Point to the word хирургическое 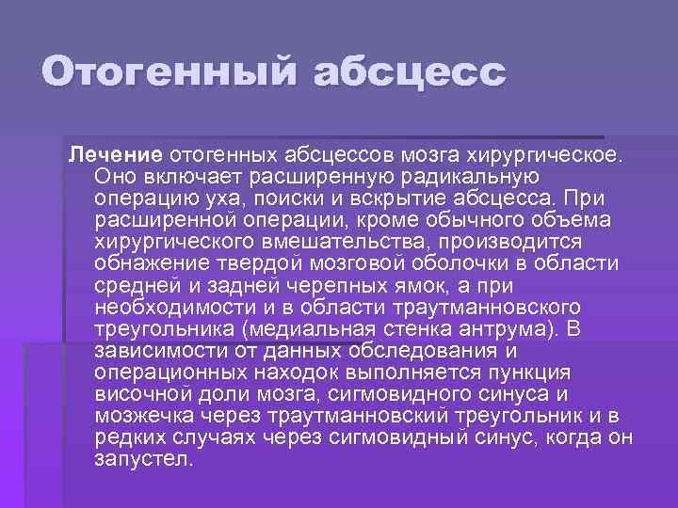coord(541,153)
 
